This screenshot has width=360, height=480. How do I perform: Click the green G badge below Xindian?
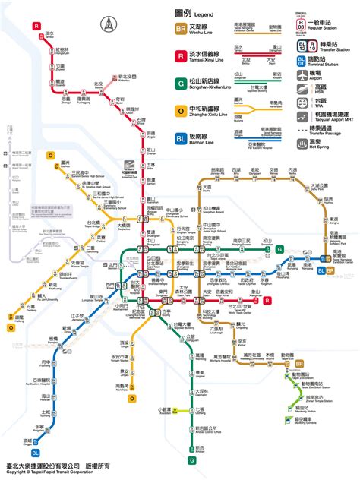(x=192, y=459)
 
